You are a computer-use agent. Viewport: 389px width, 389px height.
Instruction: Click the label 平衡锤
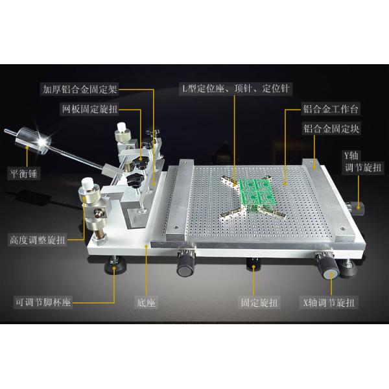pos(23,173)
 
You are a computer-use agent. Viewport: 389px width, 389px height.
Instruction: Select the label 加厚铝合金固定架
pos(80,89)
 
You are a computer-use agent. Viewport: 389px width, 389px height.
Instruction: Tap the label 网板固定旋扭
pos(89,109)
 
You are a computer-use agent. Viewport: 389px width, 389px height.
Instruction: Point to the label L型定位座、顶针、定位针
pos(236,89)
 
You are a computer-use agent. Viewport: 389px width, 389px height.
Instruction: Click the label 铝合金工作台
pos(331,109)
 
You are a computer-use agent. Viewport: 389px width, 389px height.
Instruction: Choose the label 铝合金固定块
pos(331,129)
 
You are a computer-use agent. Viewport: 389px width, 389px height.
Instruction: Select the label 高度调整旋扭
pos(38,240)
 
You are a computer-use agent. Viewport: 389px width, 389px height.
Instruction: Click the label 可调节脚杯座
pos(43,302)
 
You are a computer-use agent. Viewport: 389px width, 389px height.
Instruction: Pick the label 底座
pos(146,303)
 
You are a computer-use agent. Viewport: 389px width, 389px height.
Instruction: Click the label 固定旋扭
pos(259,303)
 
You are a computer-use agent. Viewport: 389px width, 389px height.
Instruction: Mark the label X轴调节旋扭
pos(329,303)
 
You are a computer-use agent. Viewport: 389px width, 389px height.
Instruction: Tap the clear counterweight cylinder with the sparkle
pos(33,141)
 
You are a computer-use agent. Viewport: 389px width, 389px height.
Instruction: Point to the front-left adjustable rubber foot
pos(115,266)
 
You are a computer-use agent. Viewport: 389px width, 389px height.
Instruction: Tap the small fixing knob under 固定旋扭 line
pos(253,263)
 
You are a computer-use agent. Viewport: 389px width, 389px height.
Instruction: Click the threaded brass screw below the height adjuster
pos(100,234)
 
